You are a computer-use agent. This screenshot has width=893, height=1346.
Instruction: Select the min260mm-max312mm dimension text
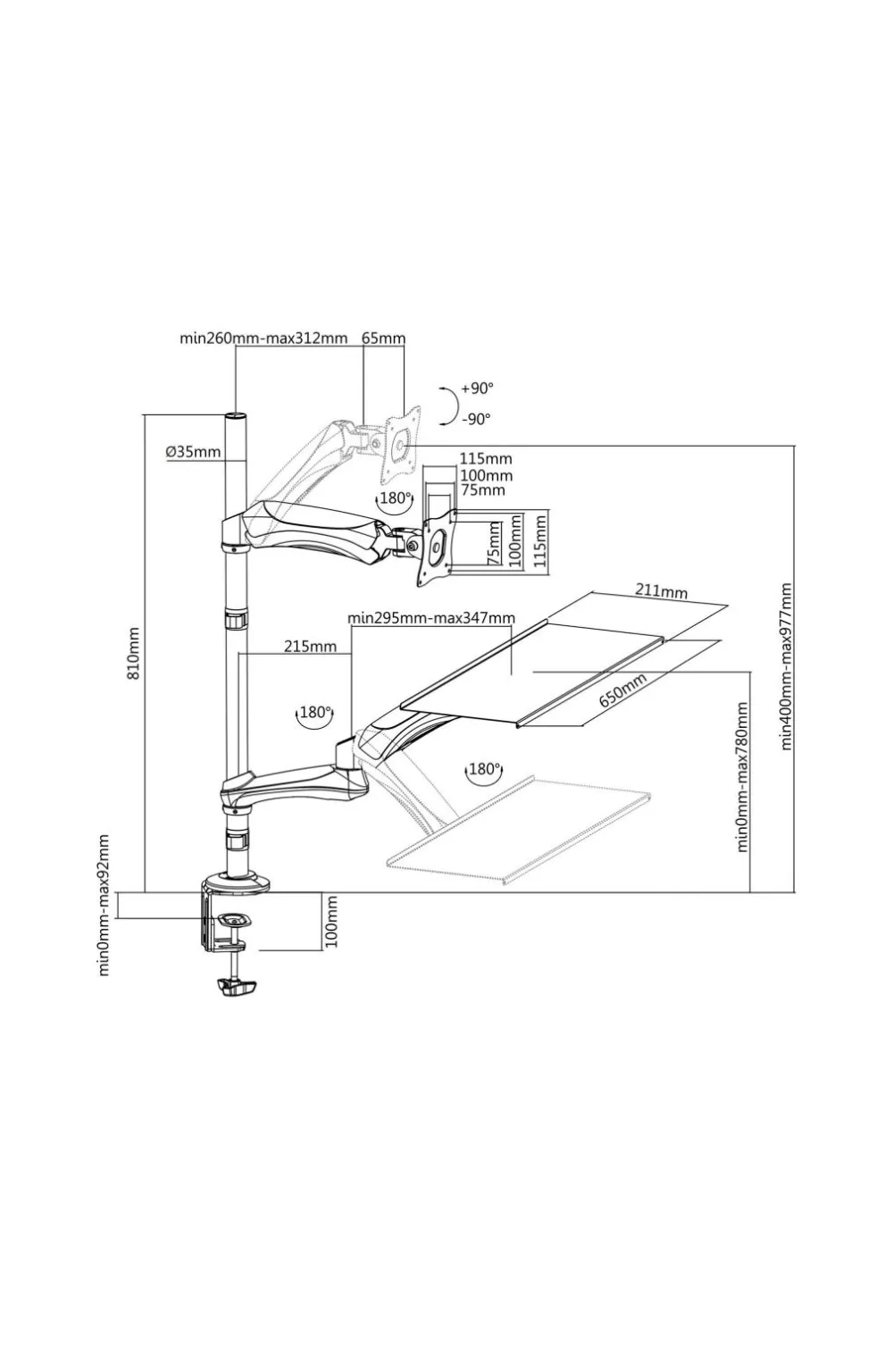[263, 338]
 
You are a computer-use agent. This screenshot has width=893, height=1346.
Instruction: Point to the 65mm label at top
[383, 338]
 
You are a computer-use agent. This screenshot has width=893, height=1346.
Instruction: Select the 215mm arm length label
[310, 646]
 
